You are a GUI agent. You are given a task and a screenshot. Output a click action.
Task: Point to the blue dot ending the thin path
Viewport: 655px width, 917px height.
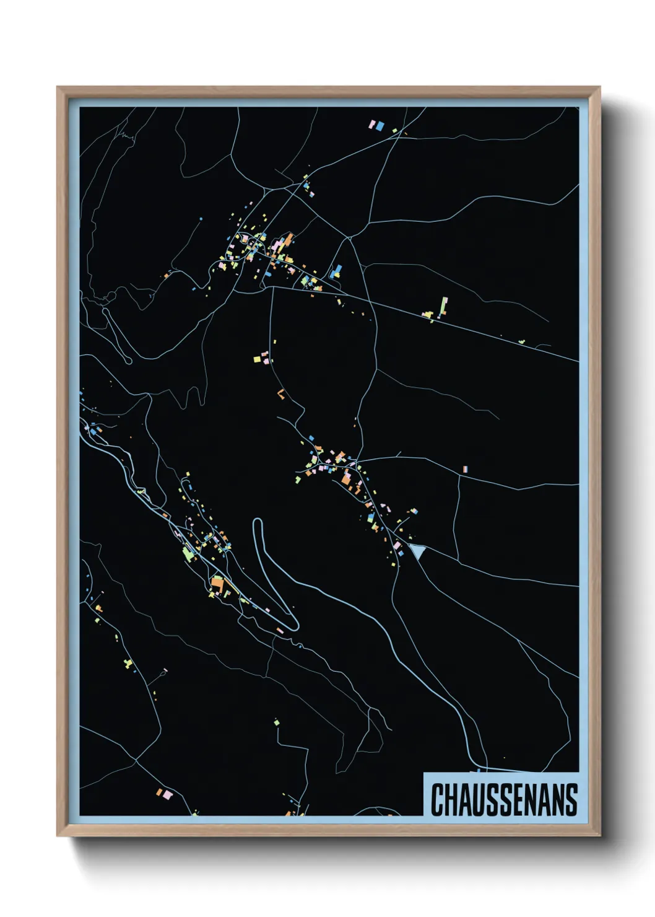pos(201,219)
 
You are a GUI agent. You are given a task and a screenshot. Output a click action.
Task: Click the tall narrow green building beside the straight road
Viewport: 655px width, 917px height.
pos(443,306)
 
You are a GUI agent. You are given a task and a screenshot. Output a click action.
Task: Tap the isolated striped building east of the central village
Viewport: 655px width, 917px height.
pos(465,470)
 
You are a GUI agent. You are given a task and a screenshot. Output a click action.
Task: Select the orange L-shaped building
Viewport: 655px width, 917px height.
pos(282,393)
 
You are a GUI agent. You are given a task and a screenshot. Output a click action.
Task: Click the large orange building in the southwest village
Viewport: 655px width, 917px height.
pos(217,584)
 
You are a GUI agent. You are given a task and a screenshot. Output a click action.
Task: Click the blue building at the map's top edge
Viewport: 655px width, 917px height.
pos(380,126)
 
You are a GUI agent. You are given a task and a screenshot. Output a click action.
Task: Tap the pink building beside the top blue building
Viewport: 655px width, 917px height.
pos(373,125)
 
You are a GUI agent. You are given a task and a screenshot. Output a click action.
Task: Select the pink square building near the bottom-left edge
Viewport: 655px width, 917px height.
pos(160,791)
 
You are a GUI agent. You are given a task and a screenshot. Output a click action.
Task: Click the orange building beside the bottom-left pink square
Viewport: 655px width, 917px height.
pos(167,794)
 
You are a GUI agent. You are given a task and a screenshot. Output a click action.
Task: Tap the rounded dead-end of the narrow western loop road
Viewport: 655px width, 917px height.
pos(128,360)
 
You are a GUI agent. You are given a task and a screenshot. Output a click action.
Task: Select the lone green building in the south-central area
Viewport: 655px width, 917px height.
pos(276,722)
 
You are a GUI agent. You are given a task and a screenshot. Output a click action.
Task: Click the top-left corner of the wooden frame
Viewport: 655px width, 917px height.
pos(58,87)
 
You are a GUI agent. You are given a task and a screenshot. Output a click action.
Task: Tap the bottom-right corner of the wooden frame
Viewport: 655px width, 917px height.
pos(599,836)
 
